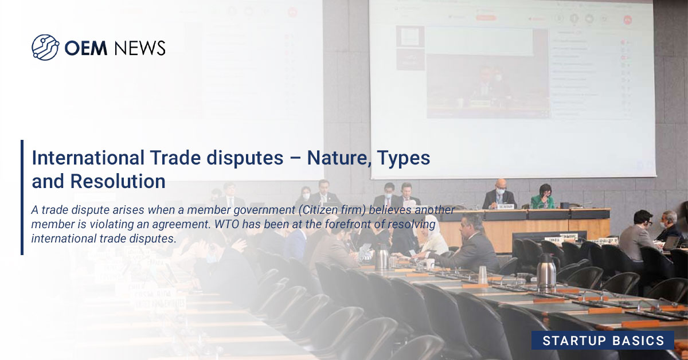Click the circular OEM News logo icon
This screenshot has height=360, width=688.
point(45,48)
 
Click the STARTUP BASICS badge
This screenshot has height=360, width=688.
point(603,341)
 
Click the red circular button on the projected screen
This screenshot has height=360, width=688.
point(628,19)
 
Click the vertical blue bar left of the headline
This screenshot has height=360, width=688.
point(22,197)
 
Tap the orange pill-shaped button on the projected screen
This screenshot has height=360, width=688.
point(487,17)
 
